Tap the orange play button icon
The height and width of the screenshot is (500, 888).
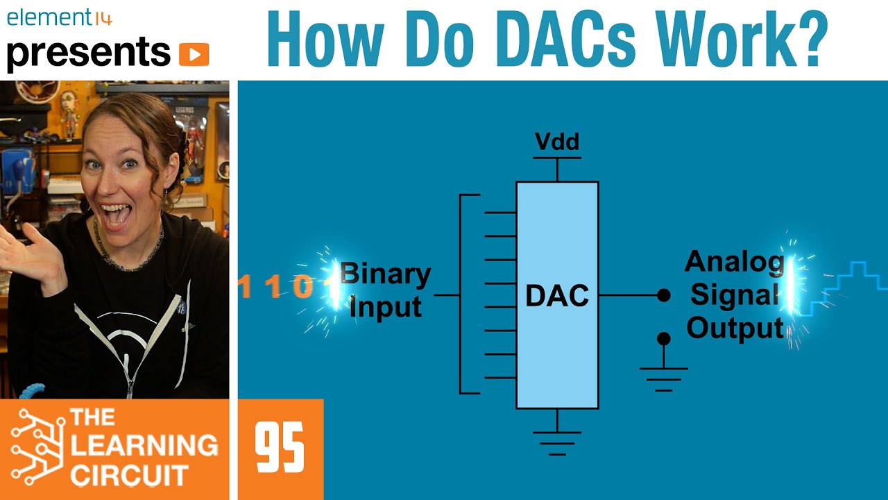[x=194, y=54]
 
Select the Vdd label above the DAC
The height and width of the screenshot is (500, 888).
[x=557, y=142]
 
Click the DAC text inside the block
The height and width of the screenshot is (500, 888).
[x=557, y=296]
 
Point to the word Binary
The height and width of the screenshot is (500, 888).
[x=386, y=275]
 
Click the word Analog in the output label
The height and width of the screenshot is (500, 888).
[x=734, y=262]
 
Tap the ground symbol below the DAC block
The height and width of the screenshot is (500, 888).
[x=557, y=442]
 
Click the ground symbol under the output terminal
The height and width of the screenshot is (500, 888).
[x=664, y=378]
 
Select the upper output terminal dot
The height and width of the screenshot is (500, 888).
[x=664, y=295]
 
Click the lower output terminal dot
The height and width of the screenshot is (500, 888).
[x=664, y=338]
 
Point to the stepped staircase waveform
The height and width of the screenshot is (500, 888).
[x=850, y=285]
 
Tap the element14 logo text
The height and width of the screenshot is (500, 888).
[x=59, y=17]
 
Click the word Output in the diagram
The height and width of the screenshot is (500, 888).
[x=735, y=328]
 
